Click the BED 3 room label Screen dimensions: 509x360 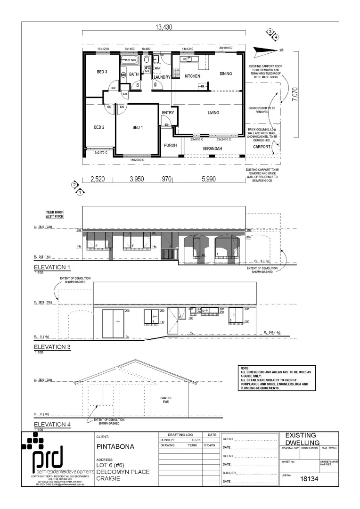click(102, 72)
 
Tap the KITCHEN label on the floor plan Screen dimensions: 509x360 click(192, 76)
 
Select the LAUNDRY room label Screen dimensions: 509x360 click(162, 77)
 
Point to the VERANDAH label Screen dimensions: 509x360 click(212, 148)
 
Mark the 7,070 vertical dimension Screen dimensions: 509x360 click(295, 93)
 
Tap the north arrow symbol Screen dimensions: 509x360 click(266, 49)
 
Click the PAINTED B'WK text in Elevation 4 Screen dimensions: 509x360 click(165, 400)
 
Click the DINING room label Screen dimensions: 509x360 click(226, 74)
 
